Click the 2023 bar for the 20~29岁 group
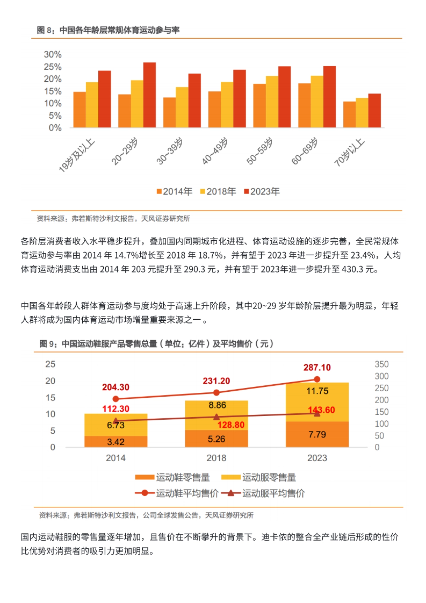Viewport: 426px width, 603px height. pyautogui.click(x=149, y=95)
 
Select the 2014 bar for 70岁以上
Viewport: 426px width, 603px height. pyautogui.click(x=349, y=114)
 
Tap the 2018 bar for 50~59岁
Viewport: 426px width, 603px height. pyautogui.click(x=272, y=102)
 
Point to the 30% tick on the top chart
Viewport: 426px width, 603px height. pyautogui.click(x=53, y=55)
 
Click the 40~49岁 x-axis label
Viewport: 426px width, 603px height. pyautogui.click(x=215, y=151)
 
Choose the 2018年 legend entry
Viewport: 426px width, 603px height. pyautogui.click(x=218, y=192)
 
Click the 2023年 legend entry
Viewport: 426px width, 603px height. pyautogui.click(x=262, y=192)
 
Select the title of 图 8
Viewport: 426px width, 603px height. pyautogui.click(x=108, y=30)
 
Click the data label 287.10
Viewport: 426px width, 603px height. pyautogui.click(x=317, y=368)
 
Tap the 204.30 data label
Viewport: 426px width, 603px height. pyautogui.click(x=116, y=387)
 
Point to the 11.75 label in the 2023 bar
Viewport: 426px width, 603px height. pyautogui.click(x=317, y=391)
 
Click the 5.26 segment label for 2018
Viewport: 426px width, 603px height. pyautogui.click(x=216, y=439)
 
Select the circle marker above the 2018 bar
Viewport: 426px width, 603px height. pyautogui.click(x=217, y=392)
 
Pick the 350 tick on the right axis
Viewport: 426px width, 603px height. pyautogui.click(x=381, y=364)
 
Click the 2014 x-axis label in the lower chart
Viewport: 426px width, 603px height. pyautogui.click(x=115, y=458)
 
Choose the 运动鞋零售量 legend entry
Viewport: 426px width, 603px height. pyautogui.click(x=173, y=478)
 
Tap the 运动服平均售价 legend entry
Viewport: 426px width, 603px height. pyautogui.click(x=263, y=493)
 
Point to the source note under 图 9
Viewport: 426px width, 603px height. pyautogui.click(x=146, y=515)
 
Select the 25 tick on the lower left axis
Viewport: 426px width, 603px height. pyautogui.click(x=50, y=364)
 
